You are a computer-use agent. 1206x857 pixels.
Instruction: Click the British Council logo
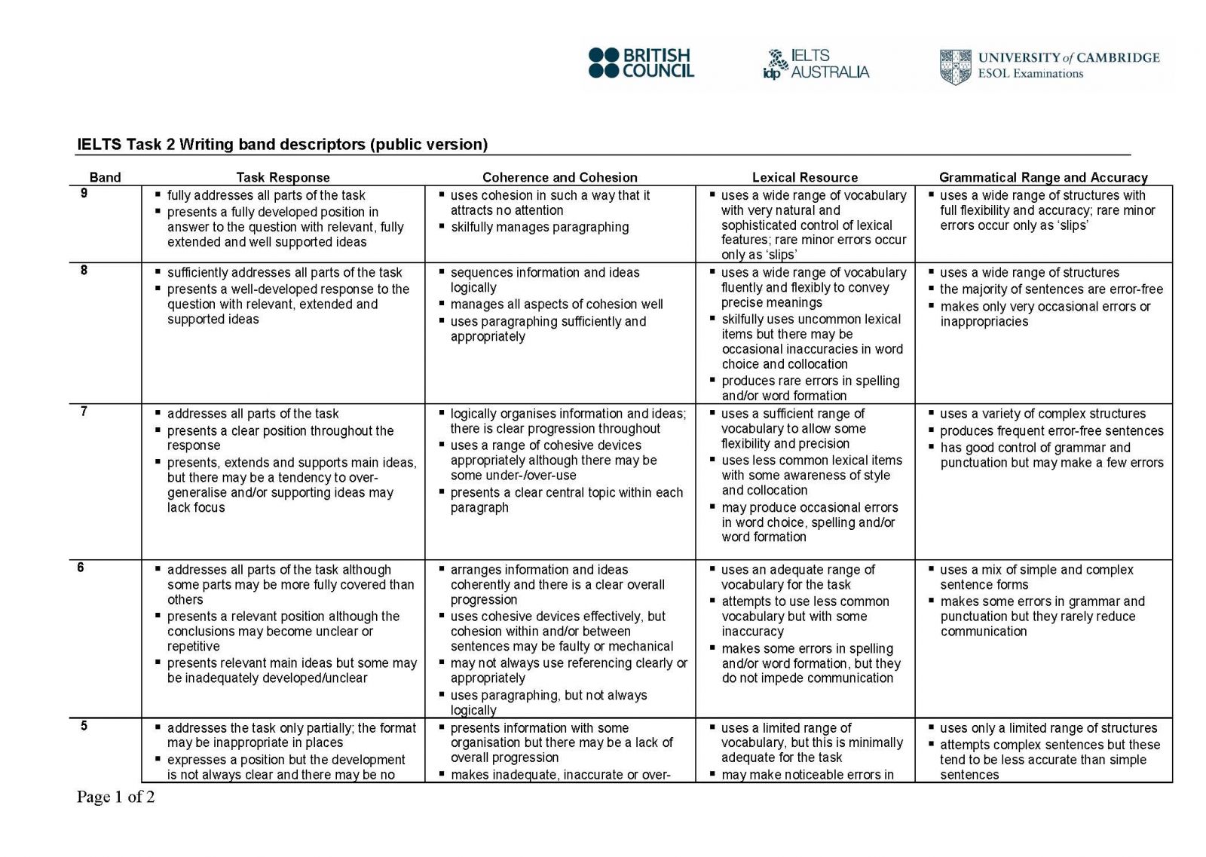pos(641,63)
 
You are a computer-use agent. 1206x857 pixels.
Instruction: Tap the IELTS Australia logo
pos(816,64)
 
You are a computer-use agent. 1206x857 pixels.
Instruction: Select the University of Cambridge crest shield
pos(955,66)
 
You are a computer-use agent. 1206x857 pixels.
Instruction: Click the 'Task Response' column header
pos(283,177)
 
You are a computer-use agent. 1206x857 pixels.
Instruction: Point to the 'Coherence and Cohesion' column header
pos(559,177)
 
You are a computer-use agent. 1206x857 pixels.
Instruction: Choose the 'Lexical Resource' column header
pos(804,177)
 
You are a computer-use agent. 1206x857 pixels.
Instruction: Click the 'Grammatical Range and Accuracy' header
pos(1042,177)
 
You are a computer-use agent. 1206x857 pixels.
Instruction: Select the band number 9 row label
pos(84,194)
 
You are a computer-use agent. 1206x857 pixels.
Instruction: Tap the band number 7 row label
pos(84,412)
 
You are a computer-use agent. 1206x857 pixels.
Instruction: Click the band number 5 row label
pos(84,726)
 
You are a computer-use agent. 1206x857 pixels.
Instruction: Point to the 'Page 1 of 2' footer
pos(115,797)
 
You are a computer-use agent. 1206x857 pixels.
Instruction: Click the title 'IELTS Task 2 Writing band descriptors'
pos(282,144)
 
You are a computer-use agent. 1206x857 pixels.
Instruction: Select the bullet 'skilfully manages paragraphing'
pos(539,227)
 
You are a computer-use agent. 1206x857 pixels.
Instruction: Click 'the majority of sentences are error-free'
pos(1051,289)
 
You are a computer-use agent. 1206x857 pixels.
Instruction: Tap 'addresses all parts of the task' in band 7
pos(253,414)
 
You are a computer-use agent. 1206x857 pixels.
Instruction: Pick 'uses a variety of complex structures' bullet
pos(1042,414)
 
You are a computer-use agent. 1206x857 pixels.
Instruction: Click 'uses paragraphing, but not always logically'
pos(548,702)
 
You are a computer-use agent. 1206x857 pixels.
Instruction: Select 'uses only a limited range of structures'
pos(1048,728)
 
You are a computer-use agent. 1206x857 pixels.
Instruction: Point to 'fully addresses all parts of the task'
pos(265,195)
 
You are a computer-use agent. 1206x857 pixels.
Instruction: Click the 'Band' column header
pos(105,177)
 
